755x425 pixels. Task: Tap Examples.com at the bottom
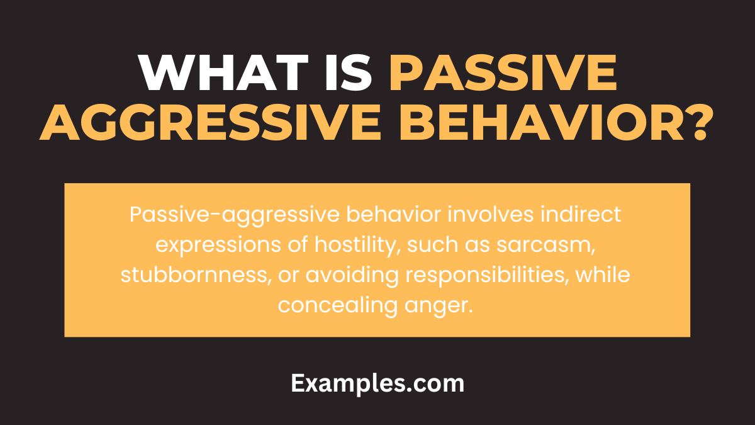pos(377,383)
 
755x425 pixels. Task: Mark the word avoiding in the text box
pos(327,275)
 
